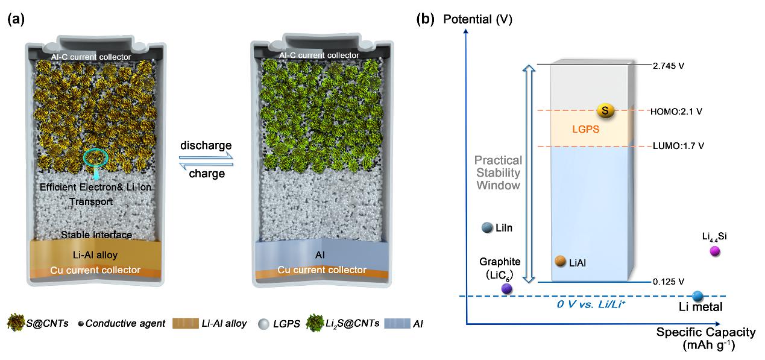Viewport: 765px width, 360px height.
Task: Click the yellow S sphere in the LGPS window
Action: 605,110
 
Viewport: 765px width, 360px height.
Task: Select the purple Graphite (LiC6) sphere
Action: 506,288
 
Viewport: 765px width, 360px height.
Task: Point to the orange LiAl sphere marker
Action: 560,262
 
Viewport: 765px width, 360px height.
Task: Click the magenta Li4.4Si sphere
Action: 715,251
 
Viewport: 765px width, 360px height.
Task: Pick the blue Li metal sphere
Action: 698,296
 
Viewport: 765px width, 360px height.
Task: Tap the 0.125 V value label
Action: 669,282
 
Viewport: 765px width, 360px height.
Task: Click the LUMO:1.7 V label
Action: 677,146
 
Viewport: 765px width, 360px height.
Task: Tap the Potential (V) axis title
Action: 477,19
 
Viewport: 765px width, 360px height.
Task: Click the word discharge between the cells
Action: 206,146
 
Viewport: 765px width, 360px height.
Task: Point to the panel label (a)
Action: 16,19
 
